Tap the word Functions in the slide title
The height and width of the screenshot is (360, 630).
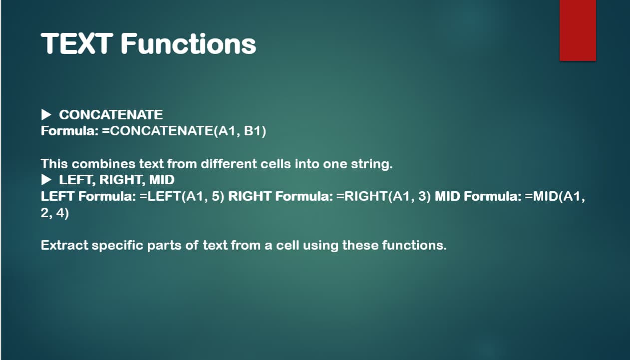[x=188, y=43]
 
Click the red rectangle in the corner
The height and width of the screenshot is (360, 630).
[x=578, y=30]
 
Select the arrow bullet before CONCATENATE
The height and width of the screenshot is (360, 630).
[x=46, y=115]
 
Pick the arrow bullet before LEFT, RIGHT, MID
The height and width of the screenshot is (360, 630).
[x=46, y=180]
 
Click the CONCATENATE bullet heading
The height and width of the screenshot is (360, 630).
[x=111, y=115]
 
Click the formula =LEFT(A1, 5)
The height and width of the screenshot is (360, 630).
[x=182, y=196]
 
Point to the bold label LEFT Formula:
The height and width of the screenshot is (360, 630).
[x=88, y=196]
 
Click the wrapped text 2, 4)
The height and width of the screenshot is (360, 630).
[x=55, y=213]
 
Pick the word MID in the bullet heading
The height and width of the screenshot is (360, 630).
[x=162, y=180]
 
